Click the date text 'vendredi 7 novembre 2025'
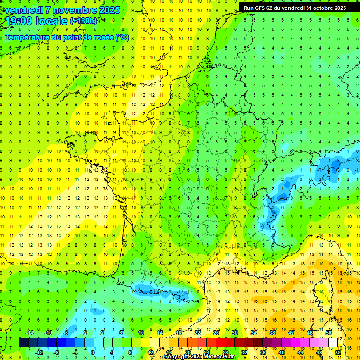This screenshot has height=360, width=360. [62, 10]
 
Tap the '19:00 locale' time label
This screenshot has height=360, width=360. [37, 21]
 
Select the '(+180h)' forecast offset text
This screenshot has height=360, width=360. [83, 21]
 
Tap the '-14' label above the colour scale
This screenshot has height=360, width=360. [29, 333]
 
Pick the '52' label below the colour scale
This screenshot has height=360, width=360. [337, 352]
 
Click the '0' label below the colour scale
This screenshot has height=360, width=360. [92, 352]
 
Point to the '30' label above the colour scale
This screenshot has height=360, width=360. [234, 333]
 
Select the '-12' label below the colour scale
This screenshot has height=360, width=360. [39, 352]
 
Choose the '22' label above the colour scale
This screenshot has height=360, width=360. [197, 333]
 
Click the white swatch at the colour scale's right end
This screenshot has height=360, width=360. [333, 342]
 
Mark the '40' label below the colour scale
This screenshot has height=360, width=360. [281, 352]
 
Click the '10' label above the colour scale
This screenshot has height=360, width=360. [141, 333]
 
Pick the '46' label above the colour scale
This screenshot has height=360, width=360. [309, 333]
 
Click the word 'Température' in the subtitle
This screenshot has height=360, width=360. [28, 37]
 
